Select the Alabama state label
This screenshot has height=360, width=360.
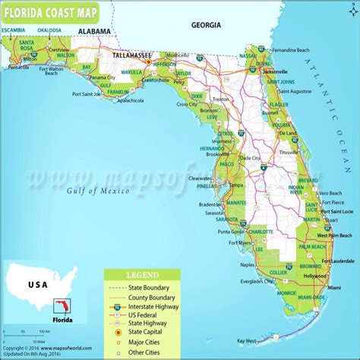click(x=94, y=31)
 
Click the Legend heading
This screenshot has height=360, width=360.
click(x=143, y=273)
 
